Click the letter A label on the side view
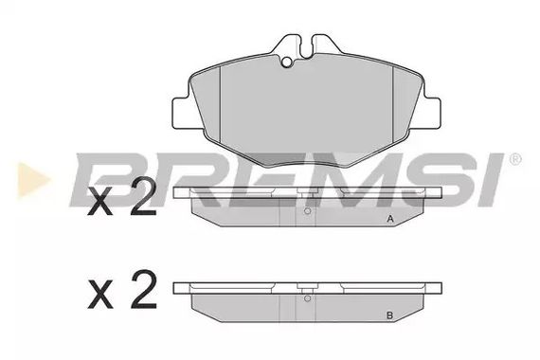click(388, 220)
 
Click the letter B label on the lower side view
click(388, 315)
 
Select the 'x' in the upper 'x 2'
click(99, 206)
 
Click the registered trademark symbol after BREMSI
click(514, 159)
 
